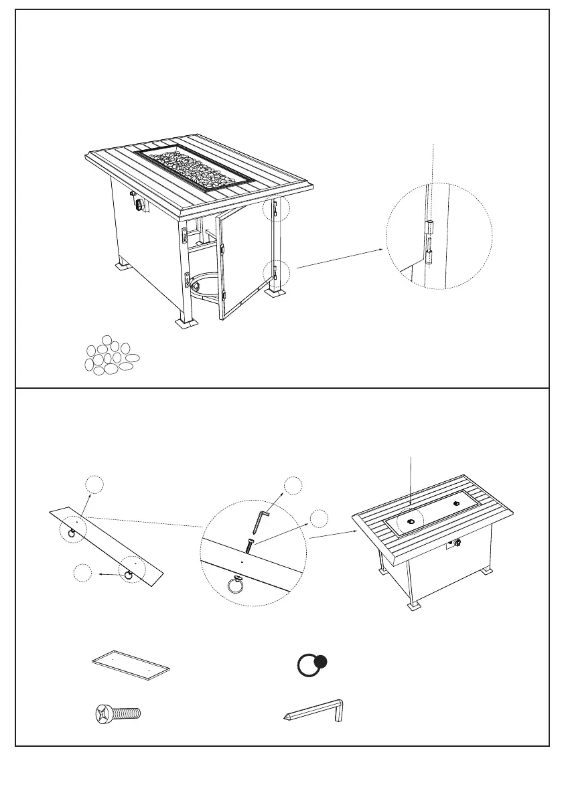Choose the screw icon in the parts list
pyautogui.click(x=116, y=713)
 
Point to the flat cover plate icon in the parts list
pyautogui.click(x=131, y=665)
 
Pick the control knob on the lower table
pyautogui.click(x=458, y=543)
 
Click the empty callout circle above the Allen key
pyautogui.click(x=292, y=486)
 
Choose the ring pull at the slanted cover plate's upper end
pyautogui.click(x=71, y=532)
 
